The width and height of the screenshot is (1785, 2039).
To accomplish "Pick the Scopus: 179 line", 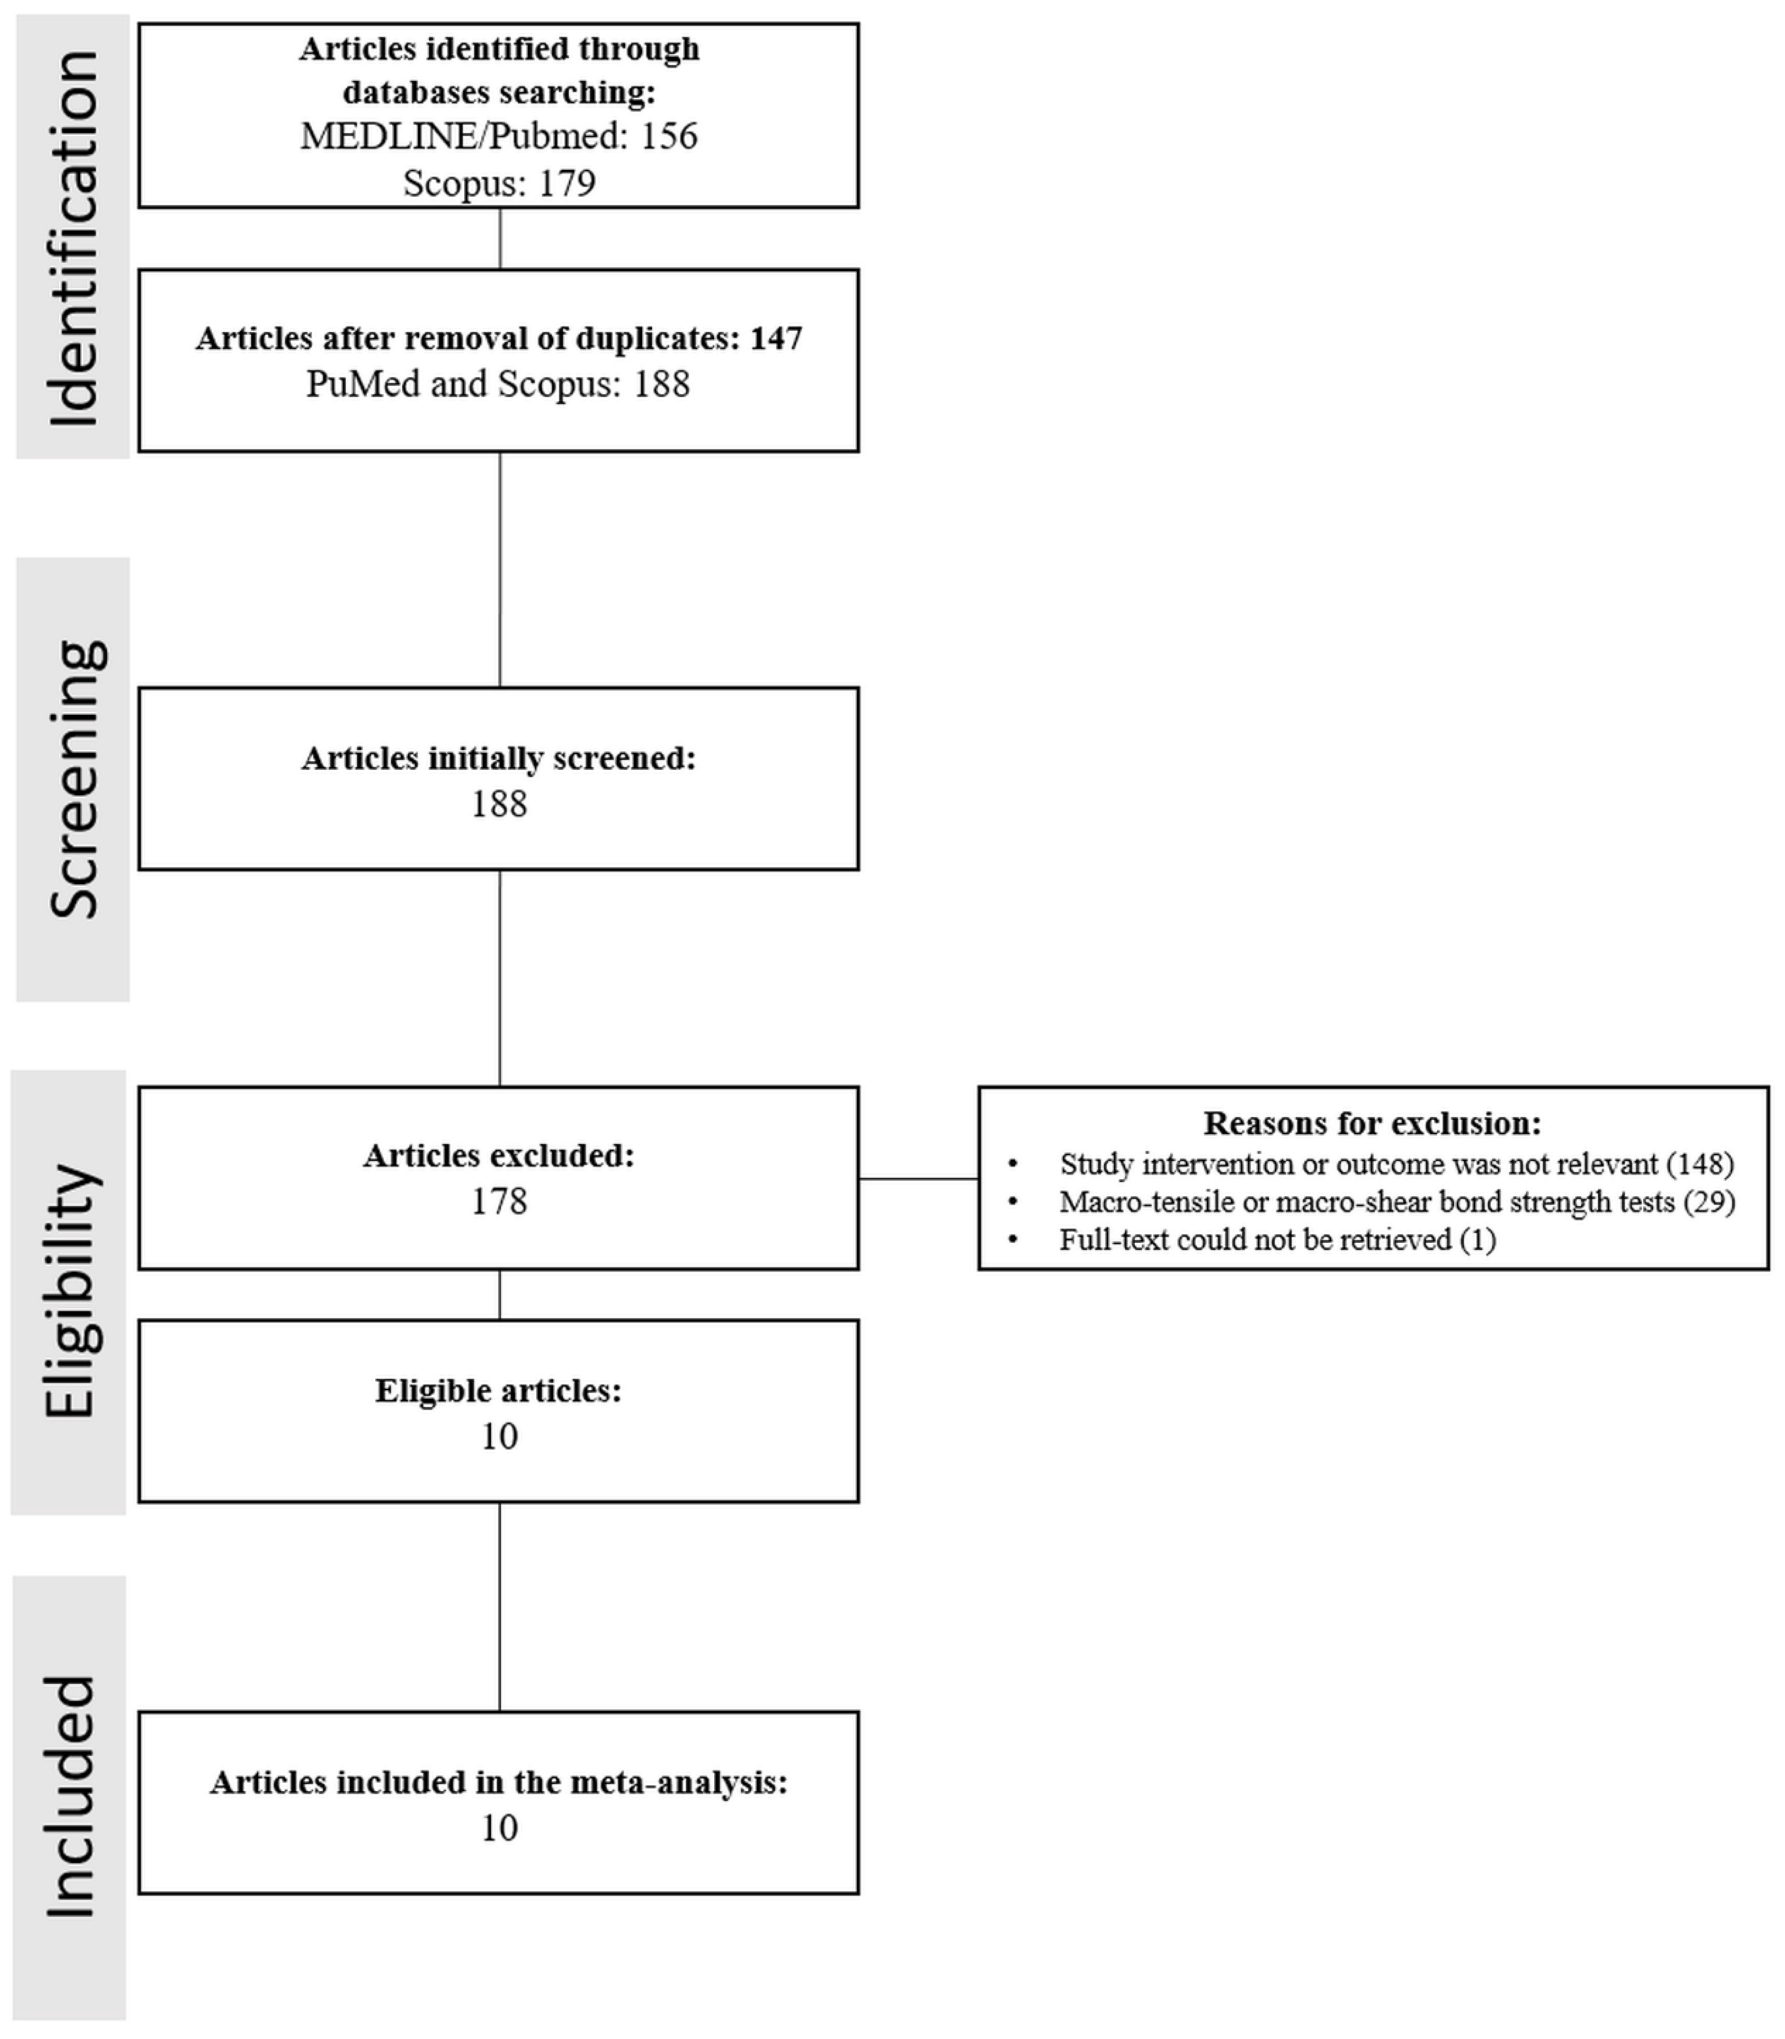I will pos(499,183).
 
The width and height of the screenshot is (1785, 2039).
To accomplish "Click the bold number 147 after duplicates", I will pos(776,339).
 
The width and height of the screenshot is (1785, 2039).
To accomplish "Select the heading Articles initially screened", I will pos(498,758).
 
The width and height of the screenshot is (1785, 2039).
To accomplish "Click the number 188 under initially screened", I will pos(498,804).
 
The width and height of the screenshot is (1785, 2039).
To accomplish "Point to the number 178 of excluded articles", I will pos(498,1201).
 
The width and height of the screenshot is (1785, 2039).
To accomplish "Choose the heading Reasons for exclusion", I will pos(1371,1124).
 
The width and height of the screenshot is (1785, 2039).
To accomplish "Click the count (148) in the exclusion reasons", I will pos(1700,1164).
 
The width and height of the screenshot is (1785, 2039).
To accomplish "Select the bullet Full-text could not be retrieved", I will pos(1277,1240).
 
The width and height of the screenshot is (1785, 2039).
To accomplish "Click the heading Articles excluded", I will pos(498,1155).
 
